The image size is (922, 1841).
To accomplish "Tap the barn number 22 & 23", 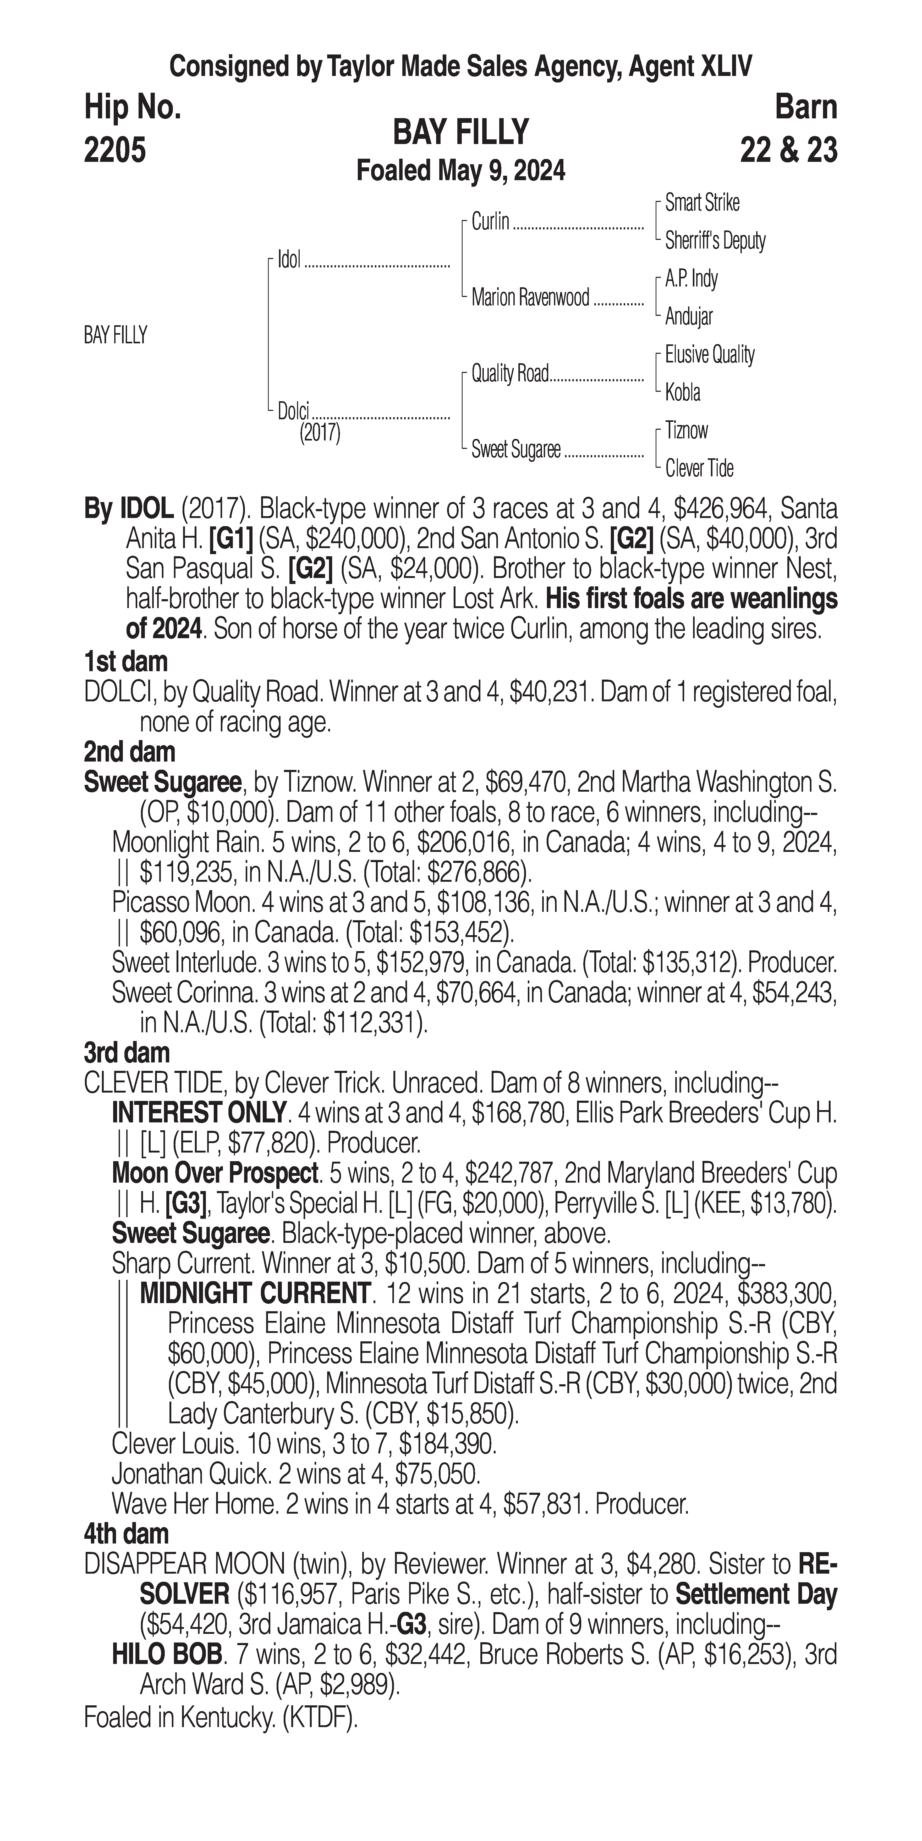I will tap(788, 150).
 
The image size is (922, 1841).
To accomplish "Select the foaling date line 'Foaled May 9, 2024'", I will tap(461, 171).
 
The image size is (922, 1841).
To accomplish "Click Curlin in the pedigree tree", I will tap(490, 222).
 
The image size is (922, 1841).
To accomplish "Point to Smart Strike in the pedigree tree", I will tap(702, 203).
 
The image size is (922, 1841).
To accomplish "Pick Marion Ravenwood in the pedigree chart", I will tap(530, 297).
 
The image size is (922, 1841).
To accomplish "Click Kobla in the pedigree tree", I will tap(683, 392).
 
